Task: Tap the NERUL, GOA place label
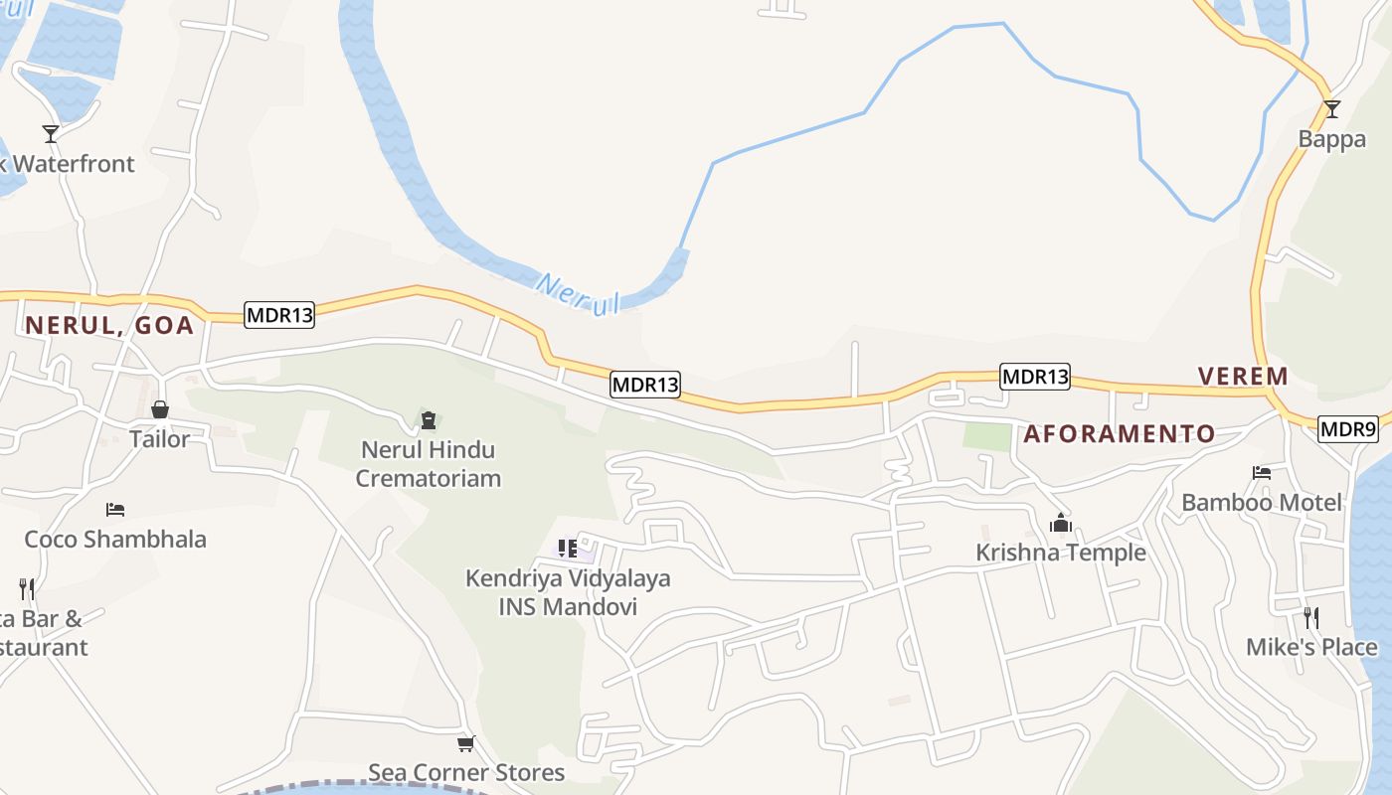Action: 109,325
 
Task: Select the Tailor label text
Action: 159,438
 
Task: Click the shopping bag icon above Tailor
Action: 160,409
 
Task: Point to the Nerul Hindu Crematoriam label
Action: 428,463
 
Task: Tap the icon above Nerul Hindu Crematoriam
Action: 429,420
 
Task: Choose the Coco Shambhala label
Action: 115,539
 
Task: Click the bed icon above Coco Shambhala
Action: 115,510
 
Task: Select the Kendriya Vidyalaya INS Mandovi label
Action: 568,591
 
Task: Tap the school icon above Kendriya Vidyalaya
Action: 568,549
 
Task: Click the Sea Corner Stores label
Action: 466,772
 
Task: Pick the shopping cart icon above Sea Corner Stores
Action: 465,743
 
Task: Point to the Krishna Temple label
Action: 1060,553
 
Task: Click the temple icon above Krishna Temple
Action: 1060,523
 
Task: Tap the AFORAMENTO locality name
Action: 1119,433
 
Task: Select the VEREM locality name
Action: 1243,377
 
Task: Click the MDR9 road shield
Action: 1347,429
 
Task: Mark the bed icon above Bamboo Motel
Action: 1262,473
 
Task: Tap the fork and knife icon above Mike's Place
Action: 1311,618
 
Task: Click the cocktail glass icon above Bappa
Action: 1331,109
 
